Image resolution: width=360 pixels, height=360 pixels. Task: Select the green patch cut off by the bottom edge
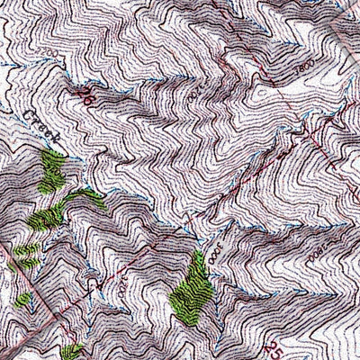point(72,351)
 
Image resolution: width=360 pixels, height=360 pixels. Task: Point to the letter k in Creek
point(55,144)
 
